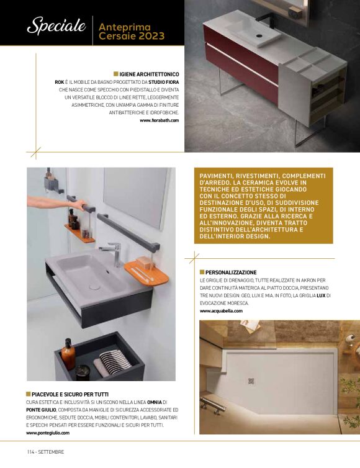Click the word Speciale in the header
(56, 25)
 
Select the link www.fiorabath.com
(160, 120)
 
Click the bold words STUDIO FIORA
(164, 82)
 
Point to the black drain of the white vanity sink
(259, 36)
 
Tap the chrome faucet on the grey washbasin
(112, 253)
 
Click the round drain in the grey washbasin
(94, 287)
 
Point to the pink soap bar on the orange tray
(144, 263)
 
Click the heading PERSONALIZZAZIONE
(231, 272)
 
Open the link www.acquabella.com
(221, 311)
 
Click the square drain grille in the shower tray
(251, 382)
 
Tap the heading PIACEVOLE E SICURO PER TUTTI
(70, 394)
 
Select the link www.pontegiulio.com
(48, 433)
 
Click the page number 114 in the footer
(31, 452)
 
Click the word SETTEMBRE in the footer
(51, 452)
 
